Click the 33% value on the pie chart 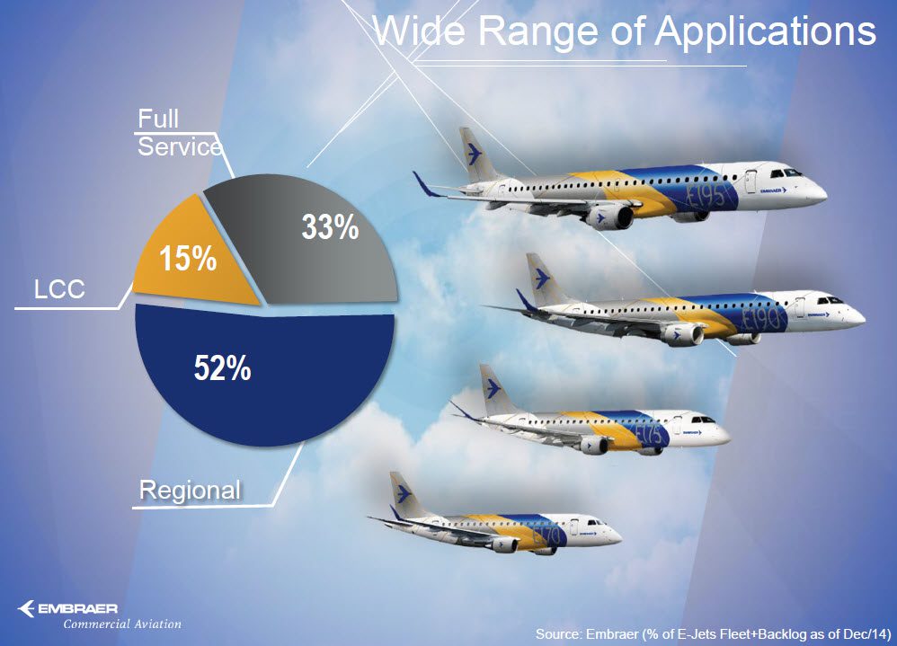click(x=330, y=228)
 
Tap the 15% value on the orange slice click(x=188, y=260)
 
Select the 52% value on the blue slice click(x=222, y=368)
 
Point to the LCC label click(x=59, y=289)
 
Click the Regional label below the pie click(x=190, y=491)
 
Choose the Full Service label click(x=178, y=132)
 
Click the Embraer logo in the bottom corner click(x=67, y=609)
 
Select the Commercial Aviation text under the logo click(x=121, y=624)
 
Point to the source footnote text click(x=709, y=634)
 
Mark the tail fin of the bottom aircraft click(x=402, y=493)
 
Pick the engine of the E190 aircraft click(x=683, y=334)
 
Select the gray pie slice click(x=306, y=252)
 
